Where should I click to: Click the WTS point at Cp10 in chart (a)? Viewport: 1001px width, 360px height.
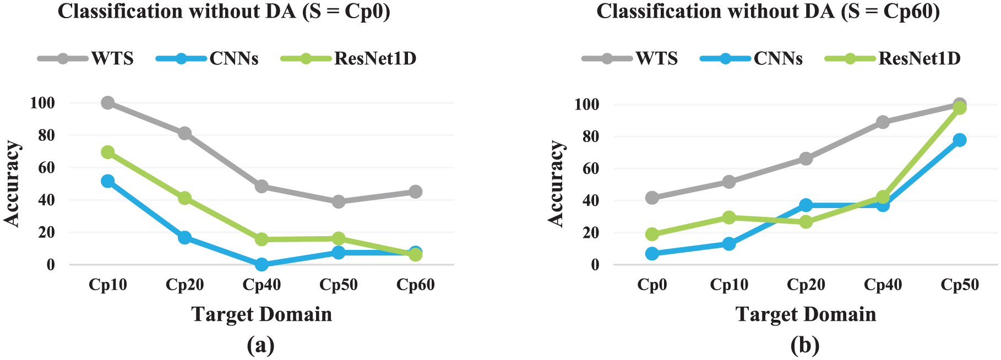tap(108, 103)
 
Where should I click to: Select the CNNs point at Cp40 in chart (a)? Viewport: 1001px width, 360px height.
tap(262, 264)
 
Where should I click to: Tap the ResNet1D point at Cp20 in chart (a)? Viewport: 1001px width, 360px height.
tap(184, 198)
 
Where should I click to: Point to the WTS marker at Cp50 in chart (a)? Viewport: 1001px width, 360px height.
tap(339, 201)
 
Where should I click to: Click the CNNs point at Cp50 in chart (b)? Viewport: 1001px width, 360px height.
tap(960, 140)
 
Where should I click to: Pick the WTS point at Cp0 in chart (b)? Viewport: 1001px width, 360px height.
tap(652, 198)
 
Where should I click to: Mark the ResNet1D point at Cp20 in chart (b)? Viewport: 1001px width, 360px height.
tap(806, 222)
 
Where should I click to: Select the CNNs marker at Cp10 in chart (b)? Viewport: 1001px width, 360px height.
tap(729, 243)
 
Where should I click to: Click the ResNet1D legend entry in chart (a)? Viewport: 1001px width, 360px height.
tap(349, 58)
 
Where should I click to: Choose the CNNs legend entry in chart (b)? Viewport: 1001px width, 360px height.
tap(752, 58)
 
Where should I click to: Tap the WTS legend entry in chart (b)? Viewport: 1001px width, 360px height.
tap(630, 58)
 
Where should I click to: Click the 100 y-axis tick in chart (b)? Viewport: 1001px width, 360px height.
tap(587, 104)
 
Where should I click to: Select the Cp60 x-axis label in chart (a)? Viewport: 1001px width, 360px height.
tap(416, 285)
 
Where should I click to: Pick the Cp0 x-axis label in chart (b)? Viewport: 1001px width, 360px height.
tap(652, 285)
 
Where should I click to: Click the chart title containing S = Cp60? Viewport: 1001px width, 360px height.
tap(768, 12)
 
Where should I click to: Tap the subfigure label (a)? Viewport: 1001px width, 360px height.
tap(261, 346)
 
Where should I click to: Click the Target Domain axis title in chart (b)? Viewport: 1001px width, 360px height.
tap(806, 314)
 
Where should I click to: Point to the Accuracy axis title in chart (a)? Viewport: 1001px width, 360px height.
tap(12, 183)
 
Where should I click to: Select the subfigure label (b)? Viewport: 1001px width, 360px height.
tap(805, 346)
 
